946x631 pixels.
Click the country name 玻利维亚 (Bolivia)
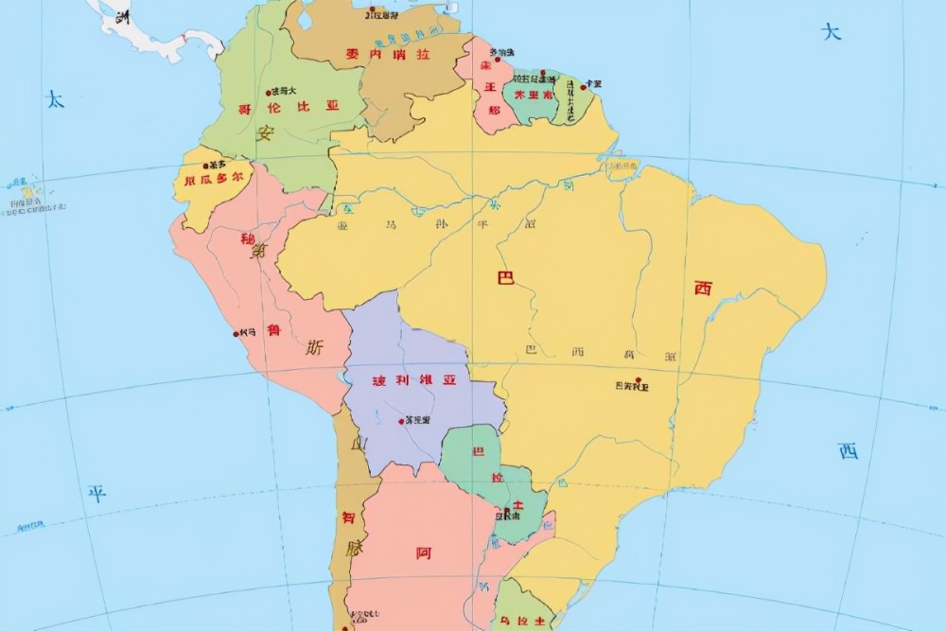tap(412, 381)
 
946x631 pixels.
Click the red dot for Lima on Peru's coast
tap(236, 333)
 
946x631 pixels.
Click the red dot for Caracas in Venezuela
tap(372, 11)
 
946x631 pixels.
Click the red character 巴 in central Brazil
tap(506, 278)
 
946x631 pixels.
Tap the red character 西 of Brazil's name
tap(703, 289)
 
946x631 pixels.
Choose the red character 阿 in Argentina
tap(424, 552)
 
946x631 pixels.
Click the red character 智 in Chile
tap(350, 518)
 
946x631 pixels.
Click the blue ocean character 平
tap(96, 493)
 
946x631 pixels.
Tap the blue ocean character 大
tap(831, 32)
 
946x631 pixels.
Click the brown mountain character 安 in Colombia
tap(266, 134)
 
